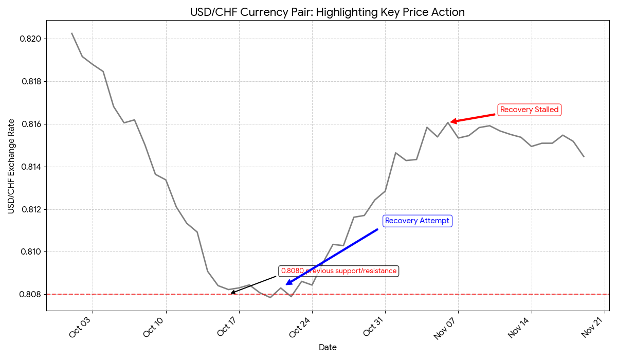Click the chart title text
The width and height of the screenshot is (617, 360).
[328, 12]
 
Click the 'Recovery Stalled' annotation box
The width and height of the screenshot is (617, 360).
[529, 110]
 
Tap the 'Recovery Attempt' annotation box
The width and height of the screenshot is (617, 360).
[417, 221]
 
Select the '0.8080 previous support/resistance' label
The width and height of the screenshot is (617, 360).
[339, 271]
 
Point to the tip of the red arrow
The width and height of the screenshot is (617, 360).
[451, 122]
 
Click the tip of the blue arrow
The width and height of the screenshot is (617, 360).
[286, 284]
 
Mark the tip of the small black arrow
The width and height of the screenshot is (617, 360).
[231, 293]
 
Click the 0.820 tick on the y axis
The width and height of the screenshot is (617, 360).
[30, 39]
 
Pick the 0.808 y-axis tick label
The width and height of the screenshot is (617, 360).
[30, 295]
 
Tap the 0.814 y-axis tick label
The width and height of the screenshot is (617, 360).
[30, 167]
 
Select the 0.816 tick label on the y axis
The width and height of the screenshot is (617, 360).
[30, 124]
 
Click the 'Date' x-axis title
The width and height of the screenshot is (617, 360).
[328, 348]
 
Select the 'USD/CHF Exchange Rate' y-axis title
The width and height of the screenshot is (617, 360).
[11, 166]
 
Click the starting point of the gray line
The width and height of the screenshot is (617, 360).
[71, 33]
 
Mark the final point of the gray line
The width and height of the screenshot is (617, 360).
[584, 156]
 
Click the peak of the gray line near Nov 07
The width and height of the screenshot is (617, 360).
[448, 122]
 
